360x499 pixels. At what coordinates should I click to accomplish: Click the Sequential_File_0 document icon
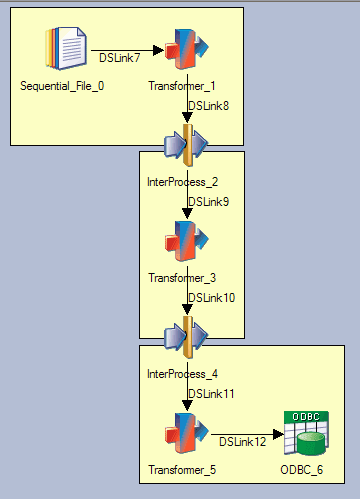pyautogui.click(x=63, y=50)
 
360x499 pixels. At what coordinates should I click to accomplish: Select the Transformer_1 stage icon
pyautogui.click(x=187, y=50)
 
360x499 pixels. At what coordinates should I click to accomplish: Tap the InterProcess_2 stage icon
pyautogui.click(x=187, y=147)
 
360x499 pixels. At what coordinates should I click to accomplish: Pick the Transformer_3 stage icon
pyautogui.click(x=187, y=241)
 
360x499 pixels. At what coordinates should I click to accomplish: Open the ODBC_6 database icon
pyautogui.click(x=307, y=432)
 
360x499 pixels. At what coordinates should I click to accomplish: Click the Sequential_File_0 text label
pyautogui.click(x=62, y=86)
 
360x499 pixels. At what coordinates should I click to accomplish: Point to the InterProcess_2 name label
pyautogui.click(x=181, y=183)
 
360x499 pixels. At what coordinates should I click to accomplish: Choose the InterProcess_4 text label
pyautogui.click(x=181, y=373)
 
